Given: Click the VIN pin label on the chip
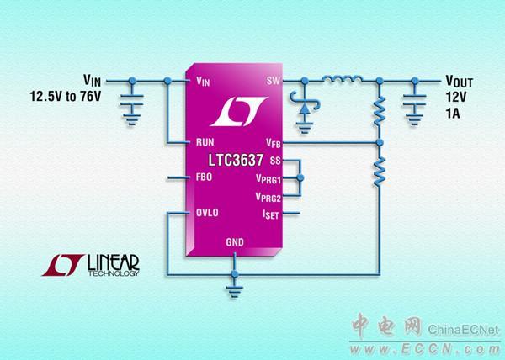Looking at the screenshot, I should (203, 82).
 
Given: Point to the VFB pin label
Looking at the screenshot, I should (271, 143).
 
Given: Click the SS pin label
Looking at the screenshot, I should (275, 160).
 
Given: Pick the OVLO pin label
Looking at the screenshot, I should (207, 213).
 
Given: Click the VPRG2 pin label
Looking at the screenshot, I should (267, 197).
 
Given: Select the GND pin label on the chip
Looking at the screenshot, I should (237, 243).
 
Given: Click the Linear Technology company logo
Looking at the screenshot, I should (93, 266).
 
